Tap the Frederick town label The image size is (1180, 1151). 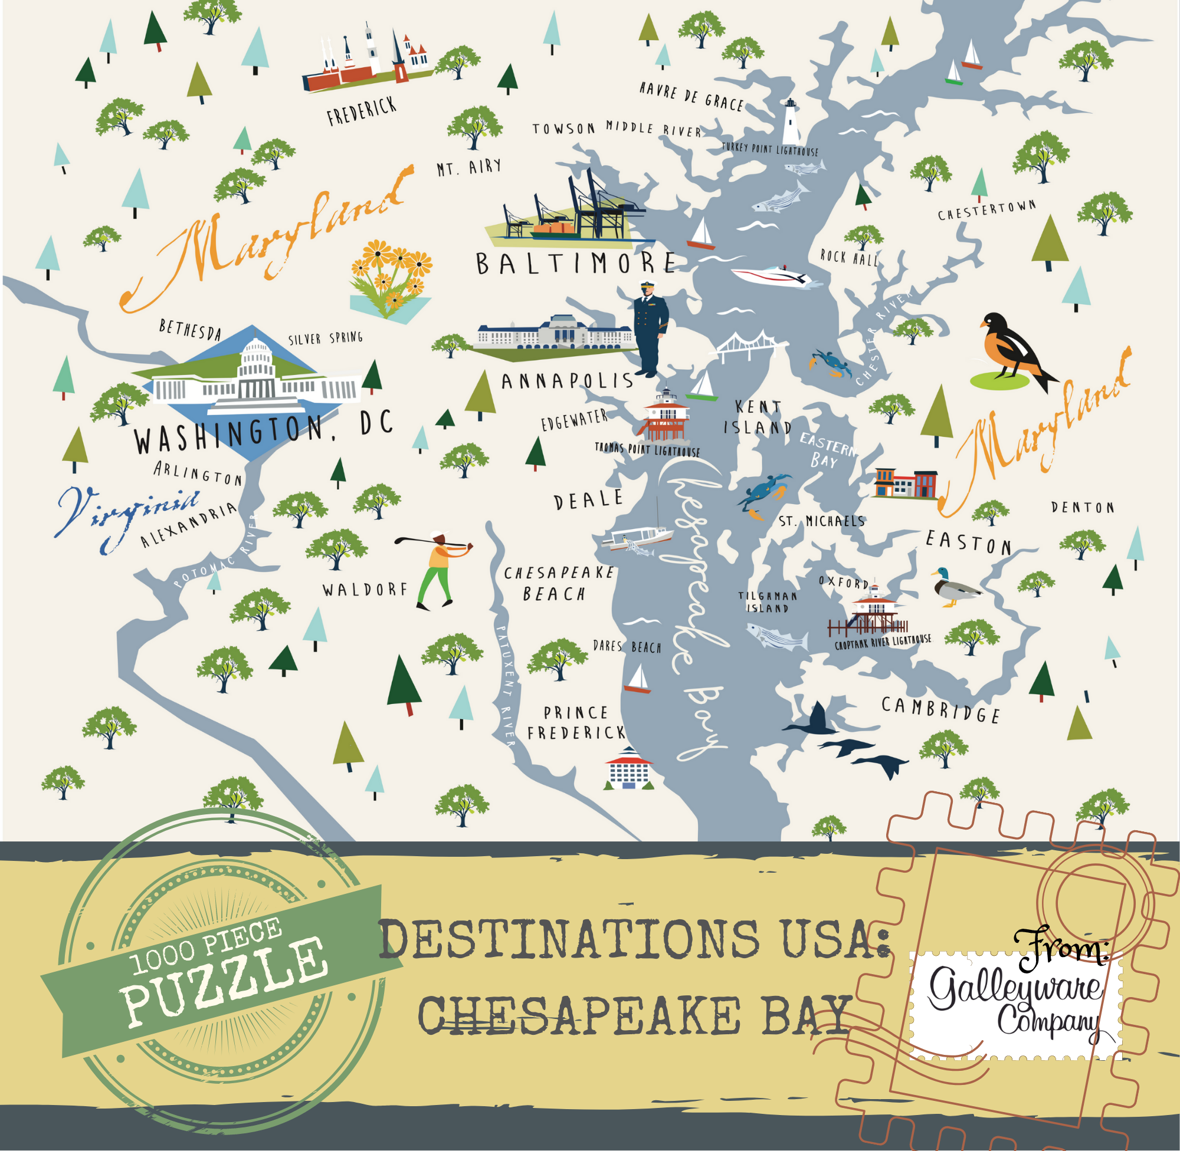point(362,111)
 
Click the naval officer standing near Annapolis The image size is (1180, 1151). point(650,328)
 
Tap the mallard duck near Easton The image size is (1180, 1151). point(954,586)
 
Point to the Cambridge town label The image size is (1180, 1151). point(940,709)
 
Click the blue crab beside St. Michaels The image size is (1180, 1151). point(763,493)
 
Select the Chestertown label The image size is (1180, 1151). point(986,210)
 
